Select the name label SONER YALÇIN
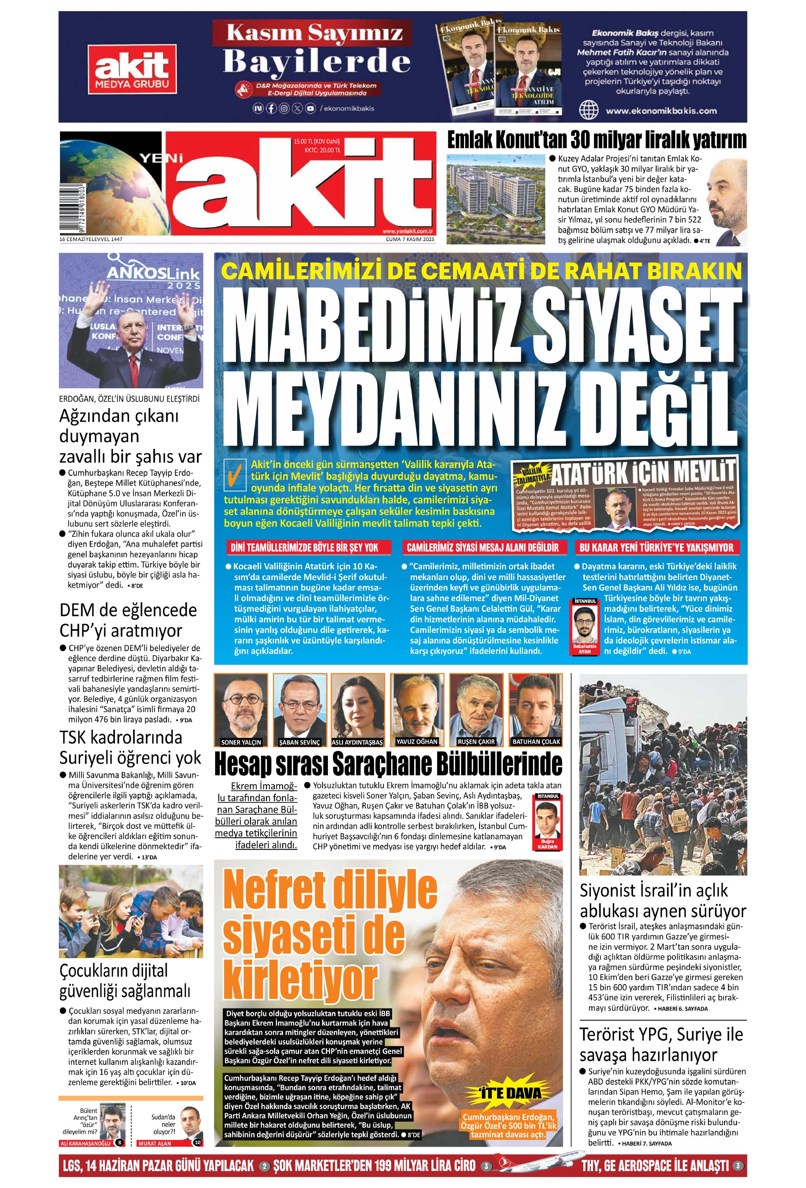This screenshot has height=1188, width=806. click(x=241, y=742)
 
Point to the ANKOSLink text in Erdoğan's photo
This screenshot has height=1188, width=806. click(x=153, y=274)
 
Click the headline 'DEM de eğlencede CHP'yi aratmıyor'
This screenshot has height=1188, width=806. click(x=128, y=620)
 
